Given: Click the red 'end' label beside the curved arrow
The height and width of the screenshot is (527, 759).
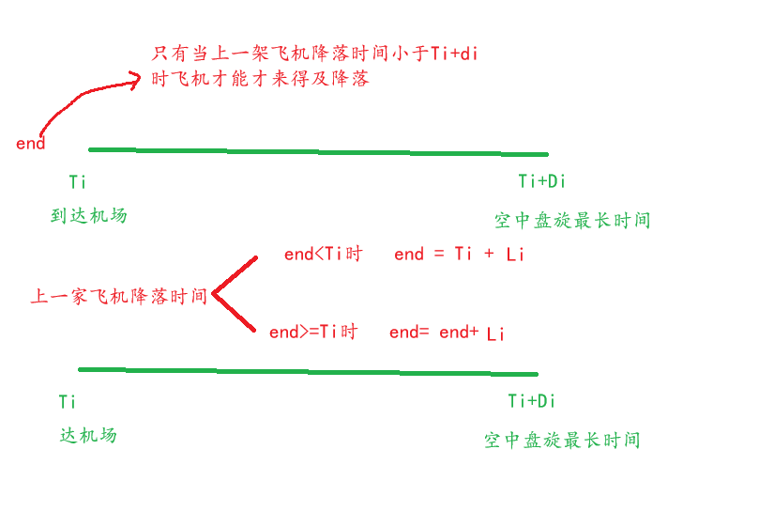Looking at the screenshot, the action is tap(30, 144).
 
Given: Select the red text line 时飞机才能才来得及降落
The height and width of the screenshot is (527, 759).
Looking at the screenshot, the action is tap(261, 79).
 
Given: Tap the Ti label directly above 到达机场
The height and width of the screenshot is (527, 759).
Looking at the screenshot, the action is tap(78, 181).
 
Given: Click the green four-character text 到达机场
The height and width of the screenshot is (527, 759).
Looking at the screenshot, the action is tap(88, 215).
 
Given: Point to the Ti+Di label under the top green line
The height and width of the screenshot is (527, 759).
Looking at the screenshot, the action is tap(541, 181).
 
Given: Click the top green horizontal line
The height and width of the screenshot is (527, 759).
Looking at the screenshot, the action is tap(319, 151).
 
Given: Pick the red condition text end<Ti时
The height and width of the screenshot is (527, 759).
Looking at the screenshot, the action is tap(323, 254).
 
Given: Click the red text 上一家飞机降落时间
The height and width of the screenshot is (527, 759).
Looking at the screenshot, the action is tap(118, 297).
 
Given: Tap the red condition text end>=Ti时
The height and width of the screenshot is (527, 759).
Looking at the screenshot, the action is tap(313, 332).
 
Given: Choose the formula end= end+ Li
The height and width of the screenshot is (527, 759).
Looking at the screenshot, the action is tap(447, 333).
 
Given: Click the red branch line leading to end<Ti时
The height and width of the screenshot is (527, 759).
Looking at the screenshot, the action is tap(235, 274).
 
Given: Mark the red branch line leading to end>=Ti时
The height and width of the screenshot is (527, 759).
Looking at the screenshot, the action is tap(235, 313).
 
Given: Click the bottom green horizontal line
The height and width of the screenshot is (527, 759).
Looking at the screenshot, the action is tap(310, 372).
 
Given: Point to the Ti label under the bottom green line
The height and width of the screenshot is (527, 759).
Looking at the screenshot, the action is tap(68, 402).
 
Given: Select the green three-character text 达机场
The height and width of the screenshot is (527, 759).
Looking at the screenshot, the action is tap(88, 435).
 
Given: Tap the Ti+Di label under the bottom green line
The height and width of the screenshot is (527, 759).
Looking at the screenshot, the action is tap(532, 401).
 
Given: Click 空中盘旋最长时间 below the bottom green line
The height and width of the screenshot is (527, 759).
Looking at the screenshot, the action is tap(562, 440).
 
